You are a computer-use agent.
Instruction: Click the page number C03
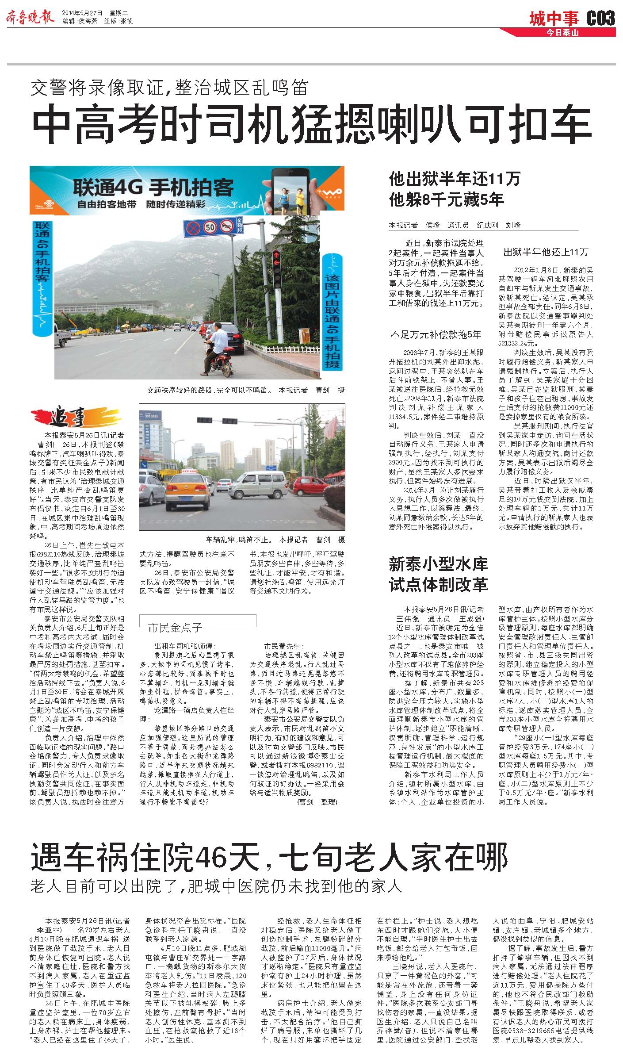(600, 19)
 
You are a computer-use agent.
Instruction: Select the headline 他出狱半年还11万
(455, 179)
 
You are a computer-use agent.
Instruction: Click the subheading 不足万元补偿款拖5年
(436, 334)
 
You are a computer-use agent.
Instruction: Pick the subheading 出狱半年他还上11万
(546, 252)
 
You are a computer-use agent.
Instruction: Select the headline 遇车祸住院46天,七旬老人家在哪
(269, 858)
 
